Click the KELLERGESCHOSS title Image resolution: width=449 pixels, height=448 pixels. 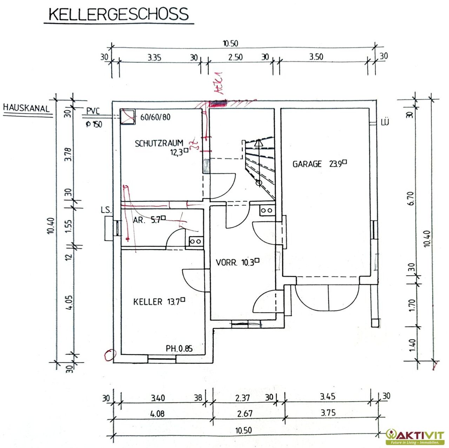pos(119,14)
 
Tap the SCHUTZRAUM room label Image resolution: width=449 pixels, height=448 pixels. pos(159,143)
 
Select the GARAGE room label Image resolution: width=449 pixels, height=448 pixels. pos(307,164)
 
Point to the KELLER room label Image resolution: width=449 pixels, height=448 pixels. pos(148,302)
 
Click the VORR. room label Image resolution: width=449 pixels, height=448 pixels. pos(227,263)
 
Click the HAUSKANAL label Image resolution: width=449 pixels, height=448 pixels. pos(26,108)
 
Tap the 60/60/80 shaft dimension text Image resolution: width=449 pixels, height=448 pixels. pos(155,117)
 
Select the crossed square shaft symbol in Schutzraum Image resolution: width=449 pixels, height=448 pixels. pos(128,117)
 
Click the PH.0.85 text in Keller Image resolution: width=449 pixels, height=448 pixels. pos(179,349)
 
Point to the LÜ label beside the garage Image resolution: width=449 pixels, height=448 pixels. pos(385,123)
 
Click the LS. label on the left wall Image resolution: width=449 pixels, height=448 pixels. pos(106,211)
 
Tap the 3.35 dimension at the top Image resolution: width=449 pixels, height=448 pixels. pos(154,58)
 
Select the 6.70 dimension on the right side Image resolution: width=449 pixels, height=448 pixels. pos(412,198)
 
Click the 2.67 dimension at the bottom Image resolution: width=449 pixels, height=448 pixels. pos(244,414)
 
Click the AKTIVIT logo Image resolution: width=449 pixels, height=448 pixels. pos(415,436)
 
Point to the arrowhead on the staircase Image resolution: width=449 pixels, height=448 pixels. pos(259,143)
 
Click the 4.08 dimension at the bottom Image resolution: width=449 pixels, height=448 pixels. pos(157,414)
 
